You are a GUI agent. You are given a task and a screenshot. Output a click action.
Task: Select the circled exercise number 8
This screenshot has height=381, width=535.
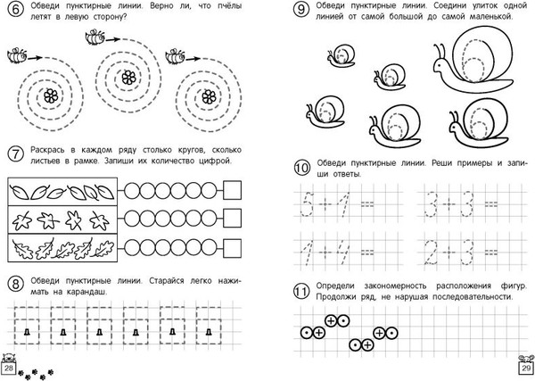click(x=12, y=285)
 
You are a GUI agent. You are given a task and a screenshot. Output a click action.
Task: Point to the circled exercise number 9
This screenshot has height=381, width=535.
click(x=300, y=12)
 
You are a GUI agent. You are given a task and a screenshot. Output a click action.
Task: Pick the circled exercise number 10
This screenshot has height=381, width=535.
click(x=300, y=167)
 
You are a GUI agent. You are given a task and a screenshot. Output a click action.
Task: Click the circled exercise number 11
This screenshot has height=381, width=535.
click(x=300, y=288)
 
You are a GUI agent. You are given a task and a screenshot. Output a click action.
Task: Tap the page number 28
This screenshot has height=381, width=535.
click(x=9, y=369)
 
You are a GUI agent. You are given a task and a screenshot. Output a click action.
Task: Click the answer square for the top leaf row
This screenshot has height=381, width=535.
click(x=235, y=190)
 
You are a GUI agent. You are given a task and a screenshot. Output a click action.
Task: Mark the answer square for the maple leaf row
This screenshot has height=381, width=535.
click(x=235, y=219)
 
